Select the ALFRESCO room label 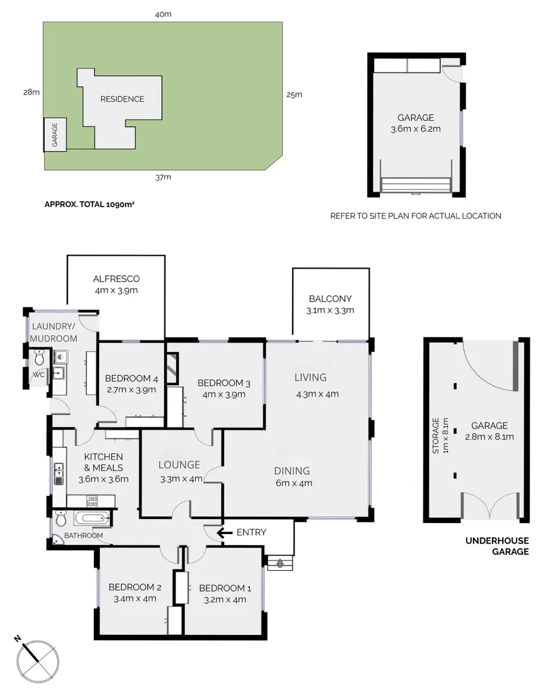[116, 279]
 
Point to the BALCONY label [330, 299]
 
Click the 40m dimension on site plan [162, 14]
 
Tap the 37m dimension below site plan [162, 177]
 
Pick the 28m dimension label [31, 93]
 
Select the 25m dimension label [294, 94]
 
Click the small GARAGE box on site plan [54, 135]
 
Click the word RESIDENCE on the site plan [122, 99]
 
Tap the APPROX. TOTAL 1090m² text [93, 204]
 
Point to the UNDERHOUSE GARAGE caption [497, 546]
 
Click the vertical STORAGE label [436, 435]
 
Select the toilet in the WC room [39, 357]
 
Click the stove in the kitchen [92, 500]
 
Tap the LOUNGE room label [180, 464]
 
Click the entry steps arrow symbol [280, 563]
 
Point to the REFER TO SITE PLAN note [416, 216]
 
